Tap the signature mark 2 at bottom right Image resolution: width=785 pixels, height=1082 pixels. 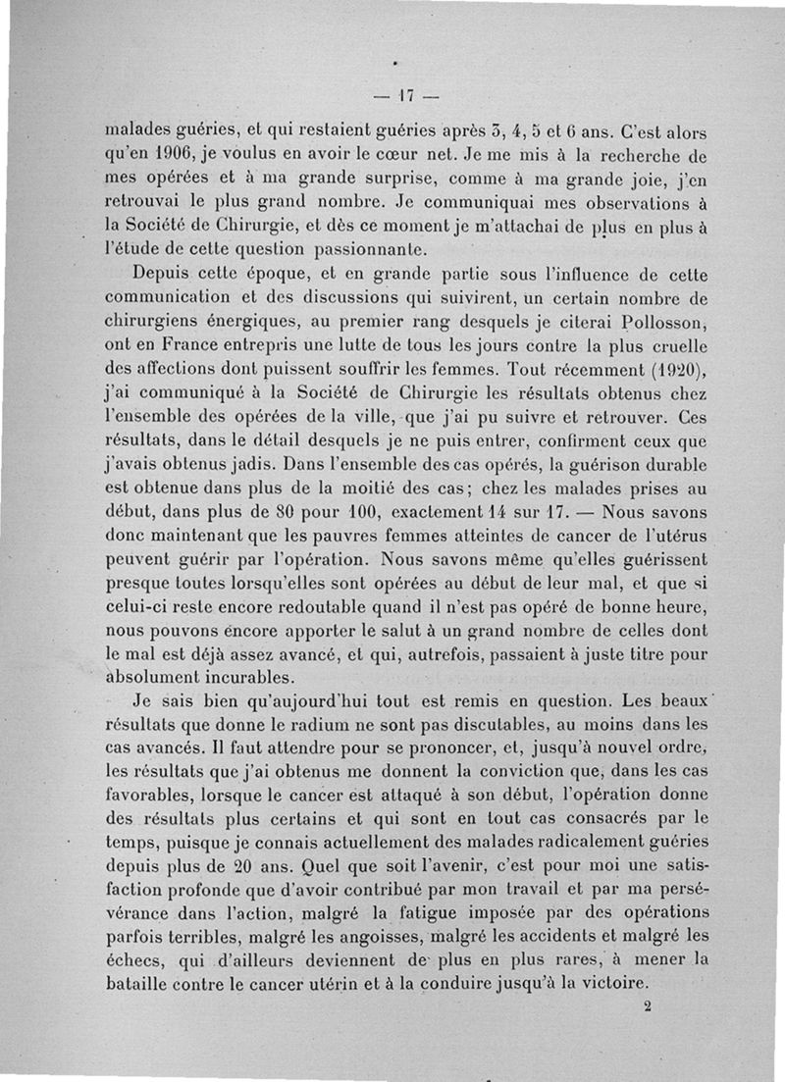649,1005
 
